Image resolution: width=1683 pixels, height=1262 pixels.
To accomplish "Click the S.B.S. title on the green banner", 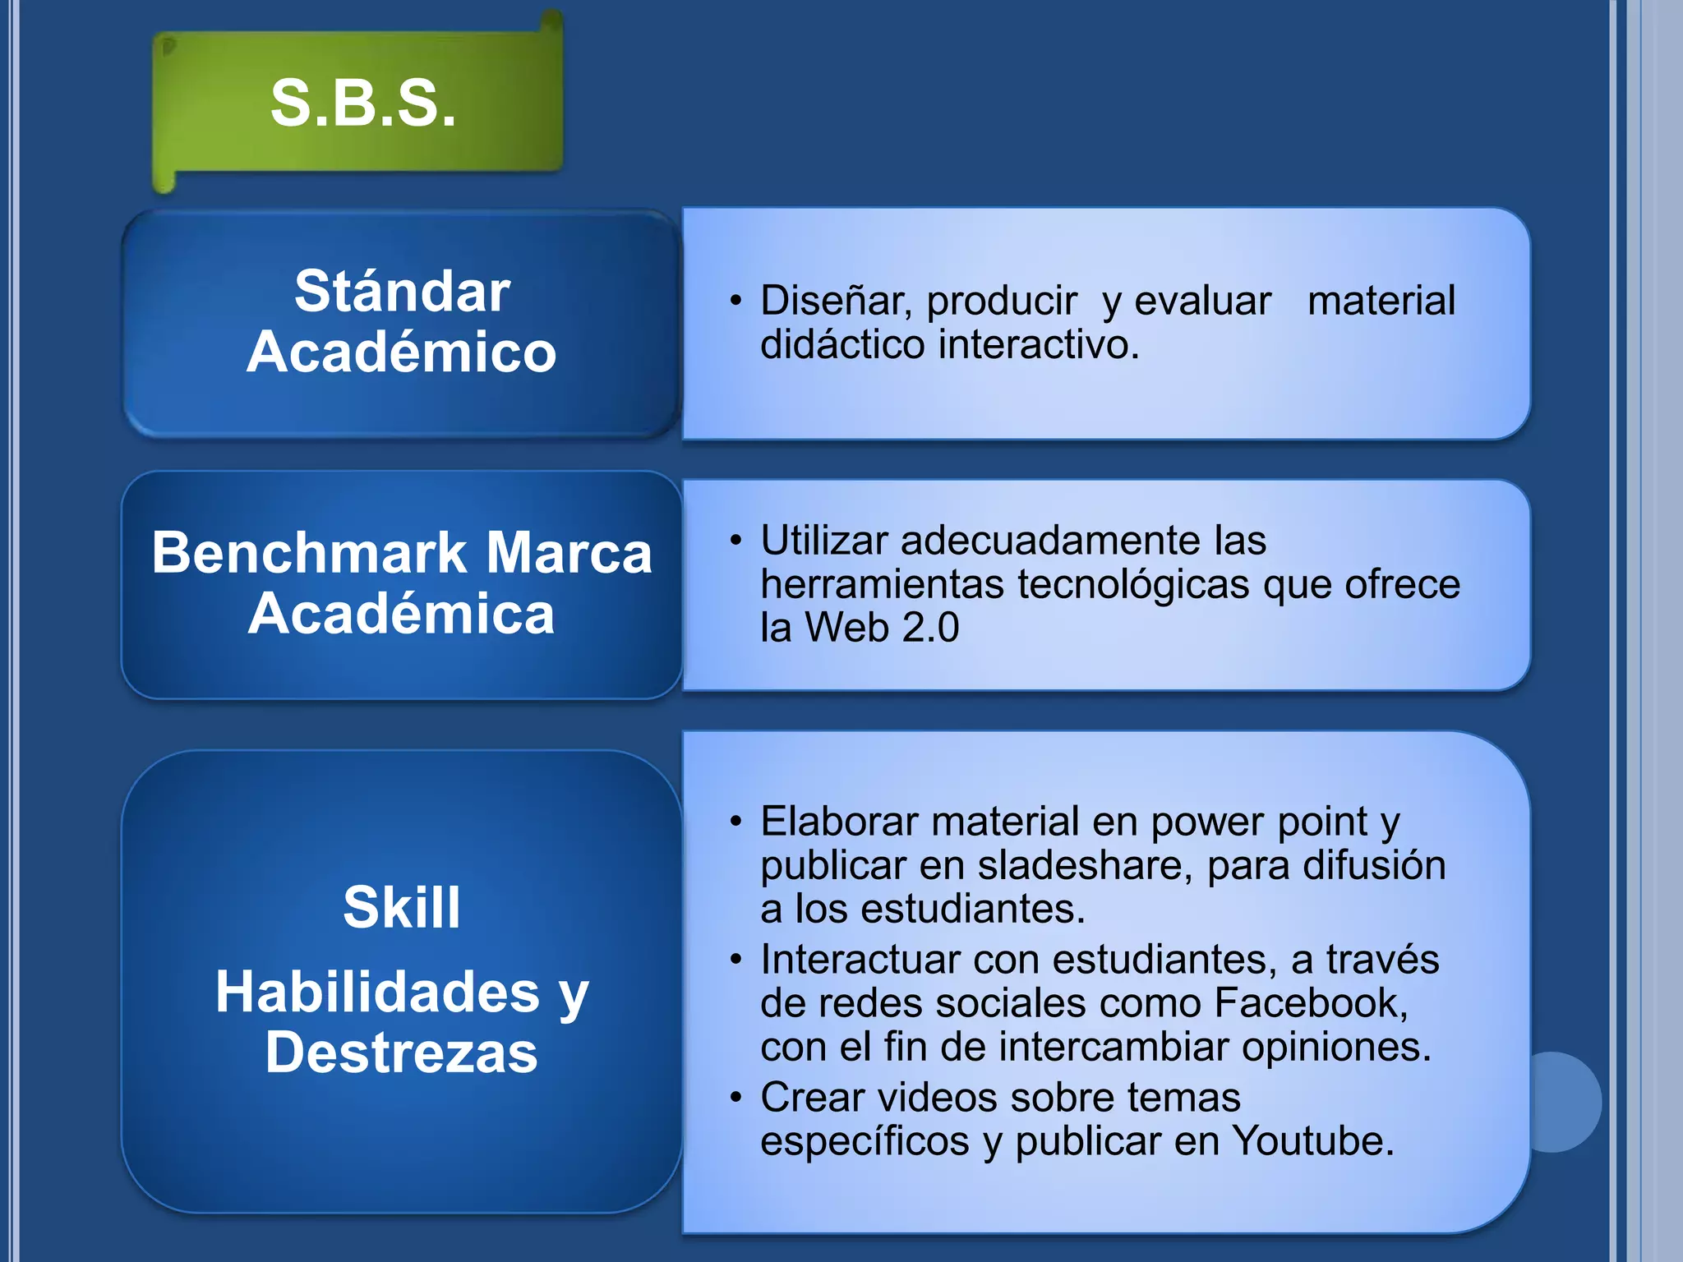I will pos(362,104).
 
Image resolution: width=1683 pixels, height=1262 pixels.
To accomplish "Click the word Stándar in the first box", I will pos(402,292).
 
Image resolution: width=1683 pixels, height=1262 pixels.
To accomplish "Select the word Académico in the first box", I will pos(402,352).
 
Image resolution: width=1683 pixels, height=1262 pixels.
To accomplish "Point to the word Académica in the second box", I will pos(402,614).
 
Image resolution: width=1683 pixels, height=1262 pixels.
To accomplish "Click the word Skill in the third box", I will pos(402,908).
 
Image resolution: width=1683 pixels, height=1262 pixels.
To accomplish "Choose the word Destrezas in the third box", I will pos(402,1052).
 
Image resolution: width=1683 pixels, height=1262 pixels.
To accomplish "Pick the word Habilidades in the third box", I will pos(377,992).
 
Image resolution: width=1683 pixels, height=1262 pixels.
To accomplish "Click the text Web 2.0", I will pos(882,628).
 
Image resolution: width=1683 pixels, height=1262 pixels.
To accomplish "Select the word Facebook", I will pos(1311,1003).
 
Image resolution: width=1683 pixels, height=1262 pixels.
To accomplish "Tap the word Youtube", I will pos(1312,1141).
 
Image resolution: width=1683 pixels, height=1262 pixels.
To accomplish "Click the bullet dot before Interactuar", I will pos(736,959).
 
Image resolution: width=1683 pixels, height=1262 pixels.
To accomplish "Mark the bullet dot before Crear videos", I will pos(736,1097).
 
